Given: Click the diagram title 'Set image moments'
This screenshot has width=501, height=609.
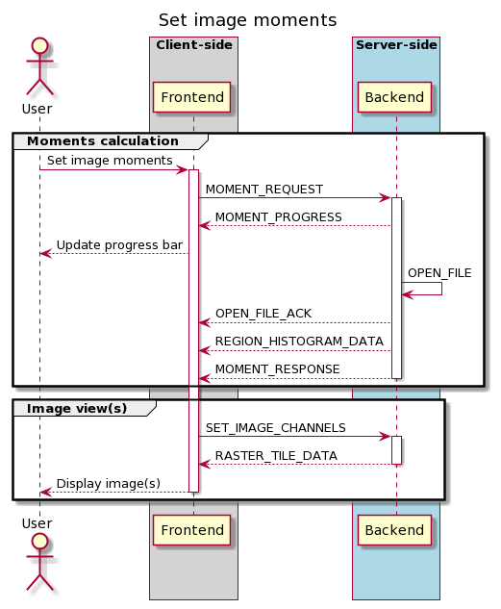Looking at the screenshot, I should coord(247,20).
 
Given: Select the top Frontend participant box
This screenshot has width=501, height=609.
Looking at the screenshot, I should coord(192,98).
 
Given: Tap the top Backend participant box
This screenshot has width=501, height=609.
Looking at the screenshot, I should coord(395,98).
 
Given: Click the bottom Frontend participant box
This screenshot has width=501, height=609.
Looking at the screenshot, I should coord(192,530).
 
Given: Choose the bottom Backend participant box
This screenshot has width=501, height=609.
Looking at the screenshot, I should coord(395,530).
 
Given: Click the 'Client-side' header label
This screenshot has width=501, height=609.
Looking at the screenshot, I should coord(193,45).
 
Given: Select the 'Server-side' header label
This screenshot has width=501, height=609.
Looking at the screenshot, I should coord(395,45).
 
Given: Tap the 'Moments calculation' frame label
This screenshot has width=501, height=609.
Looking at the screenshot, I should coord(102,141).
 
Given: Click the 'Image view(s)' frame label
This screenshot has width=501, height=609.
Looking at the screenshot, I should coord(76,408).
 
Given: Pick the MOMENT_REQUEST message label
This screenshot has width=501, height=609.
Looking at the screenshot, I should coord(263,190).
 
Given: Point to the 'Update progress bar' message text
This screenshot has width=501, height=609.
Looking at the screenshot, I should coord(118,245).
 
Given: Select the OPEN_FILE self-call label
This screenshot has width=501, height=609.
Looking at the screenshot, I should coord(438,273).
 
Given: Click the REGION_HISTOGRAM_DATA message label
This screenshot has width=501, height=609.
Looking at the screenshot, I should coord(299,342).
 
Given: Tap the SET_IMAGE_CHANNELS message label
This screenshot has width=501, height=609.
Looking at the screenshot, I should coord(275,427).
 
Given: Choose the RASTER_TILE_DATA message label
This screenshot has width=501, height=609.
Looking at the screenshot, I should coord(276,455).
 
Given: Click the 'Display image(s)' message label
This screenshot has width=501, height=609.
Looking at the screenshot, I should coord(108,483).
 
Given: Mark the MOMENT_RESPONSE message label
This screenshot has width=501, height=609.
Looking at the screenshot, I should coord(277,369).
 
